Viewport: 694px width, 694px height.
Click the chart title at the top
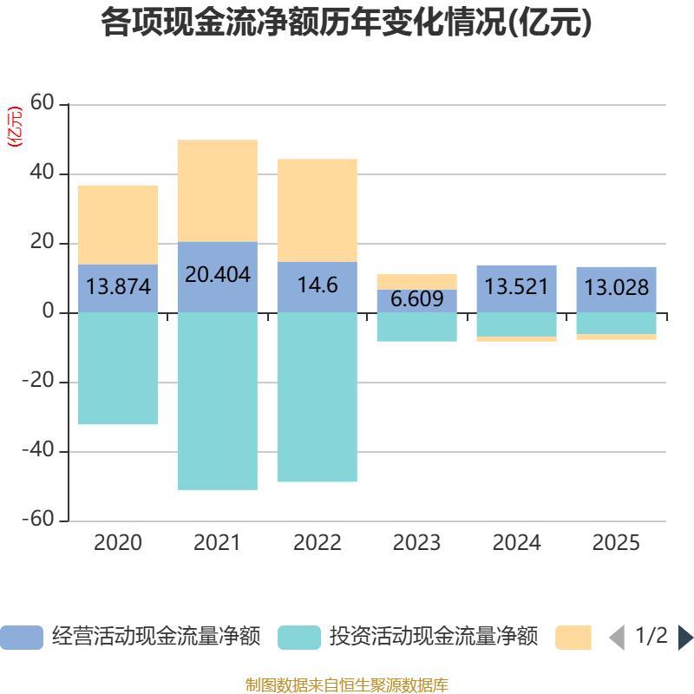coord(346,23)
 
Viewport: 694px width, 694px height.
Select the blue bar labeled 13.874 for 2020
coord(118,289)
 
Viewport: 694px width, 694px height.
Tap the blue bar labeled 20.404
coord(218,277)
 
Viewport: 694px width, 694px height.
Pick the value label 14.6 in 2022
coord(318,285)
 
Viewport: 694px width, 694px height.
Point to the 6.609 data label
coord(417,298)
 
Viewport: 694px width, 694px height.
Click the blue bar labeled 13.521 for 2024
coord(516,289)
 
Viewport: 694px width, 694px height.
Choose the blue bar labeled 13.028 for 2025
coord(616,290)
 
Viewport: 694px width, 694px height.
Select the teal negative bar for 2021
coord(218,401)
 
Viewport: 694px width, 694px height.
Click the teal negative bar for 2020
coord(118,368)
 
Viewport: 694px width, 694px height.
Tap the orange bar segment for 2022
coord(318,210)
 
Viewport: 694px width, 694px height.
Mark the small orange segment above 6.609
coord(417,282)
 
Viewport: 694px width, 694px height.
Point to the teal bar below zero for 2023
coord(417,327)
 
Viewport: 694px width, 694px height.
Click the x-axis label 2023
coord(417,543)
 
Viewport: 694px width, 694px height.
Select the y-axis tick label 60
coord(42,102)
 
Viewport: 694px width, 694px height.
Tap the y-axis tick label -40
coord(38,449)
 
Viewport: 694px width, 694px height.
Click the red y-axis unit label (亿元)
coord(15,127)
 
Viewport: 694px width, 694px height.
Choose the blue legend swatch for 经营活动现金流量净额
coord(22,638)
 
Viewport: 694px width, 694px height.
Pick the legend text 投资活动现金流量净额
coord(434,637)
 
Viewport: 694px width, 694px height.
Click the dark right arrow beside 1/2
coord(686,638)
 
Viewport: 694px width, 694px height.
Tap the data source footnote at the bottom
coord(347,685)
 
